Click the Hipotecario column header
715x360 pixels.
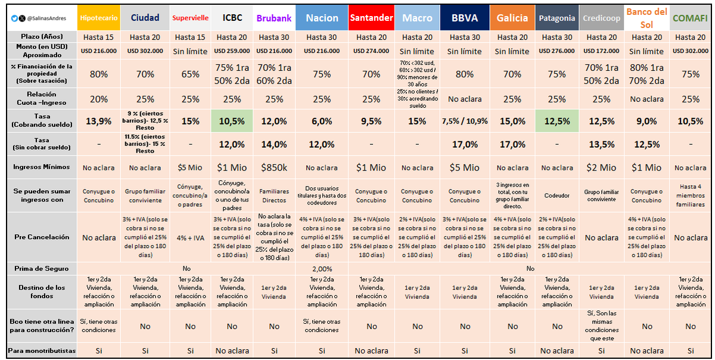(x=99, y=18)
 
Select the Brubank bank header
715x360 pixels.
(x=273, y=18)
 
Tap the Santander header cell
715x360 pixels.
(x=371, y=18)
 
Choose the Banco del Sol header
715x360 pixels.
(x=646, y=18)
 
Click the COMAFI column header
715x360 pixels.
(x=690, y=18)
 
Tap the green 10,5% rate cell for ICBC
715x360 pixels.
(x=232, y=121)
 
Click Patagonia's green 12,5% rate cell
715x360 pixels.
(x=557, y=121)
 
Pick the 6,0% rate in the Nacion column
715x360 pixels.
(x=322, y=121)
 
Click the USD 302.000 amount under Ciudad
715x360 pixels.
(x=145, y=51)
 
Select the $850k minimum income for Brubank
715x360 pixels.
(x=273, y=167)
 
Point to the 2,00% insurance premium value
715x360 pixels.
(x=322, y=269)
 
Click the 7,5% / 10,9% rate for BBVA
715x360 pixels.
(x=465, y=121)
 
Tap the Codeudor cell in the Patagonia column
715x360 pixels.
(x=557, y=195)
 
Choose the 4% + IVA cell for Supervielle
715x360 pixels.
(x=190, y=237)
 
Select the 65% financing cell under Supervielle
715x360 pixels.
(x=190, y=75)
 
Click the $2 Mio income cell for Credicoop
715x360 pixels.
(x=601, y=167)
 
